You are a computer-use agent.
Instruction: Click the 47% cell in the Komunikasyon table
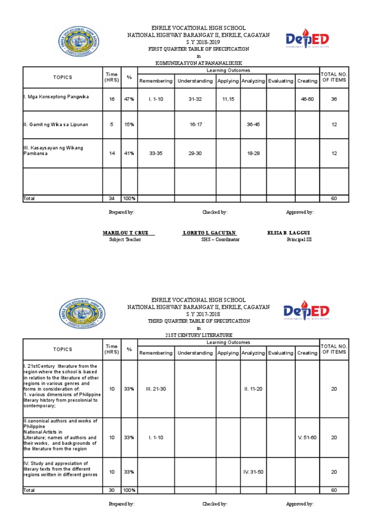coord(129,99)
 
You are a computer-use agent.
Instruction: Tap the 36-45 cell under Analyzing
coord(253,124)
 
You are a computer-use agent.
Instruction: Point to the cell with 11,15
coord(228,99)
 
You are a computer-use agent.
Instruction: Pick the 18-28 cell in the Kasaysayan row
coord(253,153)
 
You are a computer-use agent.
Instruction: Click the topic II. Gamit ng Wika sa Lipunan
coord(56,124)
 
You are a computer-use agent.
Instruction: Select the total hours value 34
coord(112,199)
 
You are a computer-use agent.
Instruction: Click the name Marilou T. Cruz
coord(128,233)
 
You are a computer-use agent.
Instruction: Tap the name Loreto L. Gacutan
coord(209,233)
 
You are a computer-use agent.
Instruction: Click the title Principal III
coord(299,239)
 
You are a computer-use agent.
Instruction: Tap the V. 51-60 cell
coord(307,437)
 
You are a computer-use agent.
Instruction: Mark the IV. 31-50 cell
coord(253,472)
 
